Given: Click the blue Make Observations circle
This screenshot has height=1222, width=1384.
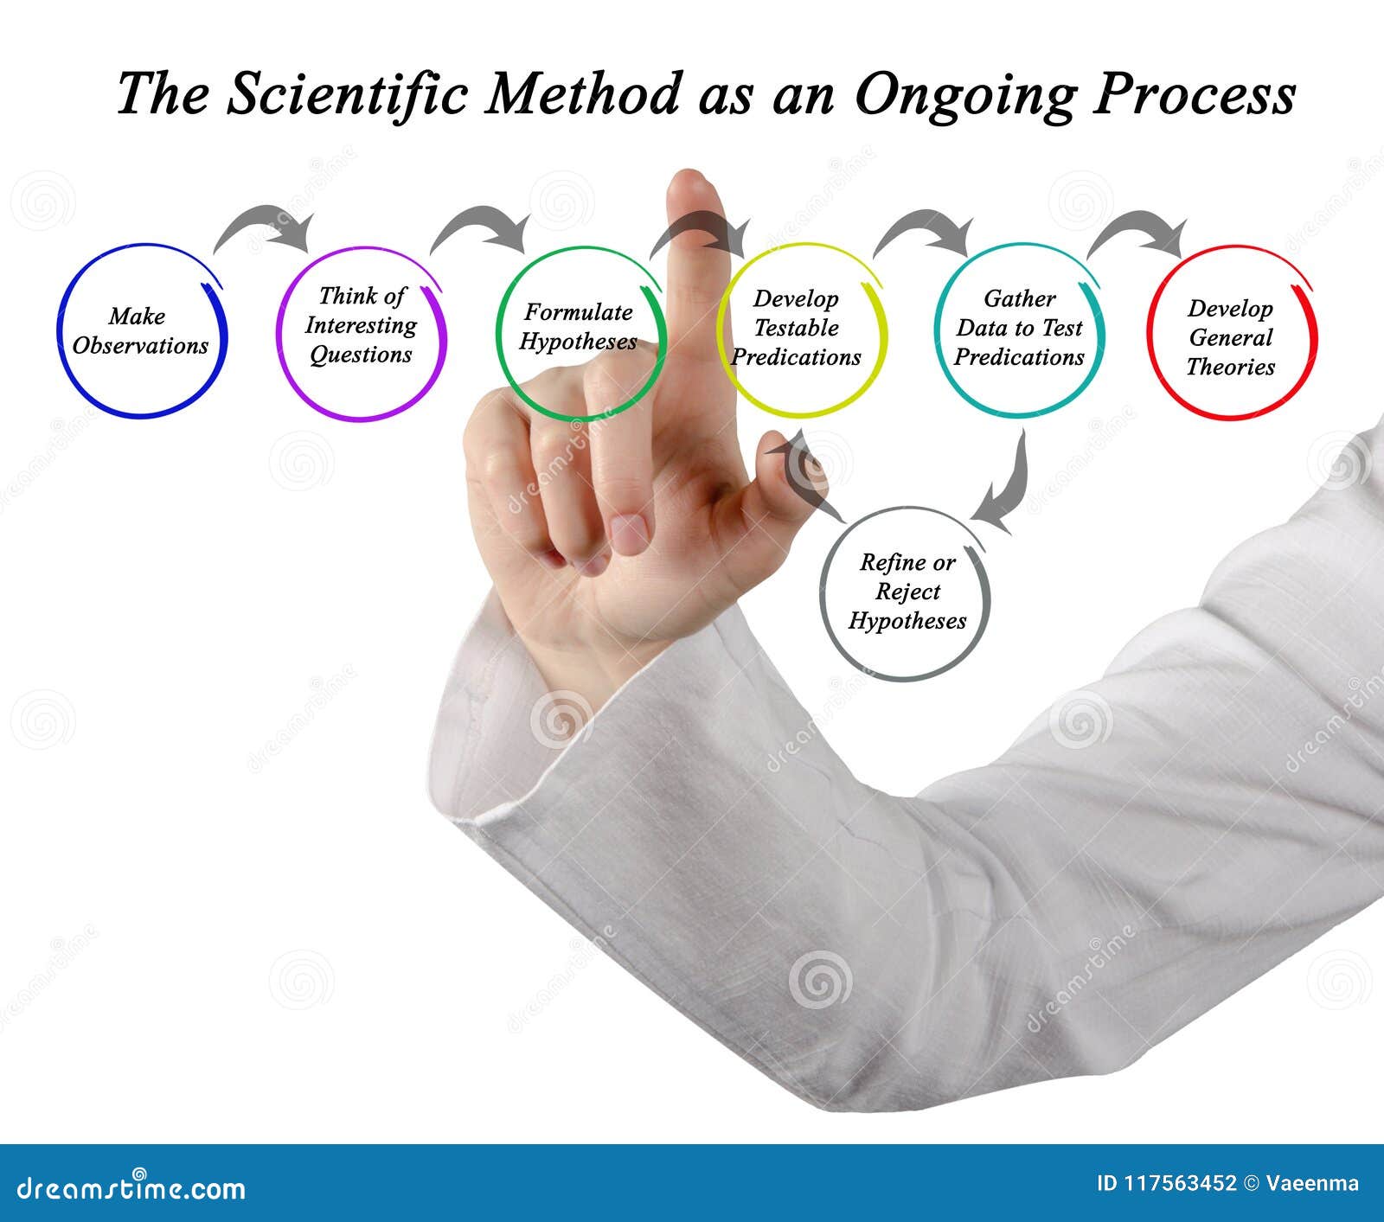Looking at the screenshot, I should (x=142, y=331).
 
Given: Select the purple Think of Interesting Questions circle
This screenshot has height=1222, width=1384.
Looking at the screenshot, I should (x=361, y=333).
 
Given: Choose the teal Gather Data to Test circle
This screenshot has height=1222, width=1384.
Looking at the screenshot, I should (x=1019, y=329).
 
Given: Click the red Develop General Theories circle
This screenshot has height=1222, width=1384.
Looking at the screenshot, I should (x=1231, y=333).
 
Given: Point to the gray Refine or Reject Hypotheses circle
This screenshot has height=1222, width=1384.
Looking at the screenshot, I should (x=905, y=593).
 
